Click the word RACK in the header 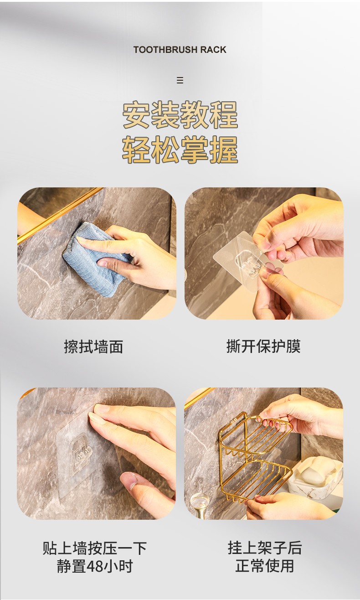tap(214, 50)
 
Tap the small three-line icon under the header tap(180, 80)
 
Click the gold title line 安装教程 tap(180, 115)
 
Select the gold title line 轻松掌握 tap(180, 150)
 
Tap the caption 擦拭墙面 tap(94, 347)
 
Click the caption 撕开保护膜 tap(264, 347)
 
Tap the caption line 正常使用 tap(265, 566)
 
